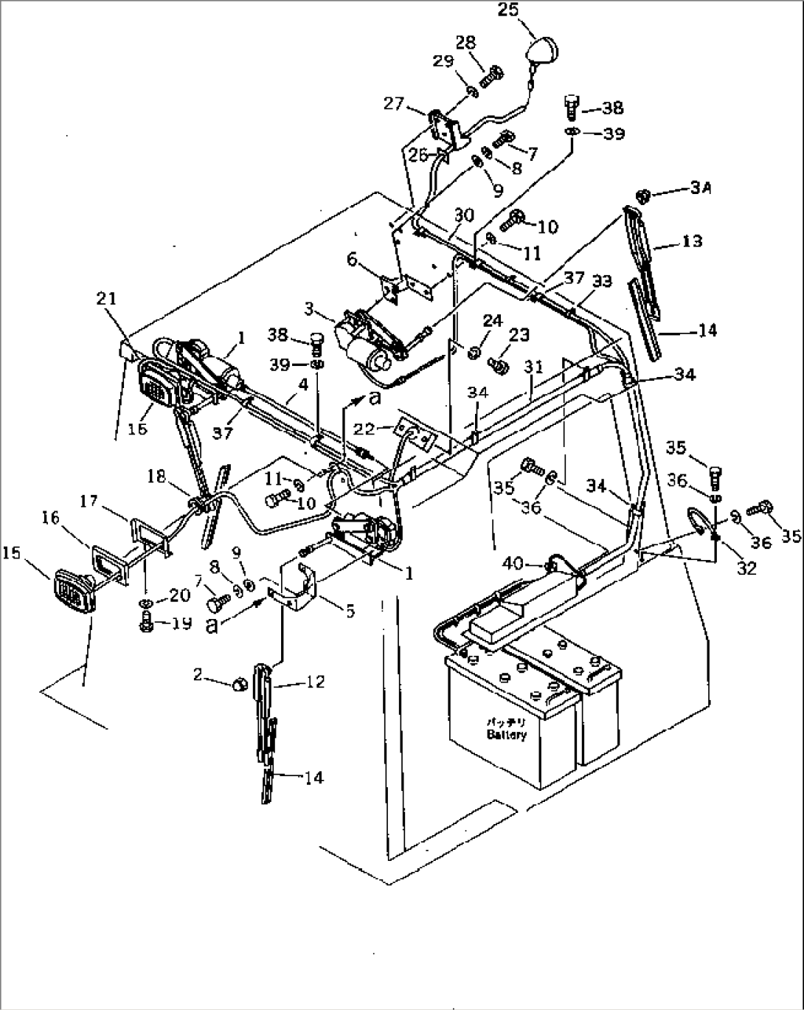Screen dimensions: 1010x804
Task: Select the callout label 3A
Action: click(701, 189)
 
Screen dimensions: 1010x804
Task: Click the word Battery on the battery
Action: click(506, 735)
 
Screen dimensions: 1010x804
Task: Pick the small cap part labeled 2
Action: click(239, 684)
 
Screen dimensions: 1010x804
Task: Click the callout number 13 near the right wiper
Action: click(692, 241)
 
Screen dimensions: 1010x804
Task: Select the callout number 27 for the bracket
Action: click(393, 103)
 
